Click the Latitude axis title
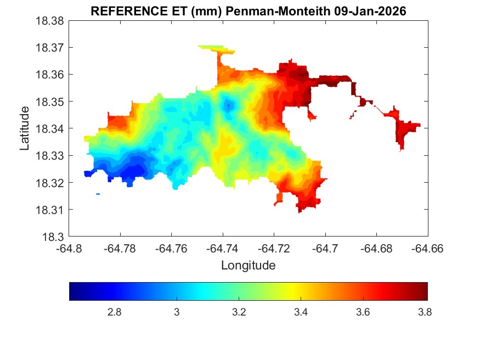[x=25, y=128]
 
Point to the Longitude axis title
[x=248, y=266]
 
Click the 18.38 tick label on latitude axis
[x=50, y=21]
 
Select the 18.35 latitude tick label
[x=50, y=102]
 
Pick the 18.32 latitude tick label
[x=50, y=183]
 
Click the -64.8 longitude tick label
[x=70, y=249]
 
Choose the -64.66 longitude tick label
[x=427, y=249]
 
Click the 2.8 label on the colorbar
[x=114, y=312]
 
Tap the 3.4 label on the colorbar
[x=301, y=312]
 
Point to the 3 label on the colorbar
[x=177, y=312]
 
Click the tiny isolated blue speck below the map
[x=98, y=194]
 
